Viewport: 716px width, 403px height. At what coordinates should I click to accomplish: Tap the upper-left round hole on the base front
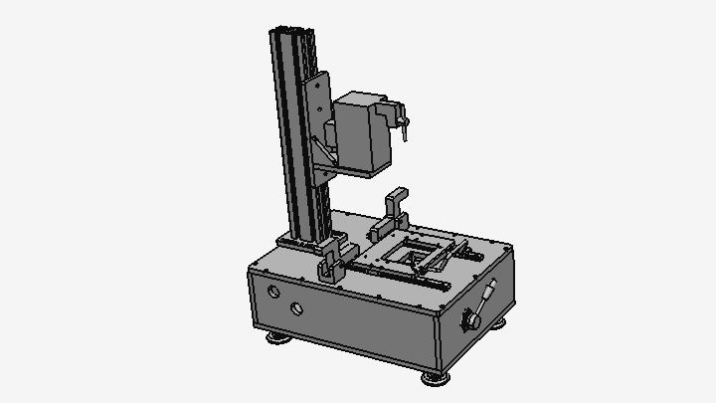tap(273, 293)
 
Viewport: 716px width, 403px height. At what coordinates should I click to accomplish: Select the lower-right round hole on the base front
tap(296, 308)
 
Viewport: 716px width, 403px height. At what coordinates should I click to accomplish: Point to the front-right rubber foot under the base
tap(434, 377)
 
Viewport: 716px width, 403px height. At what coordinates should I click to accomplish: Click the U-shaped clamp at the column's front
tap(330, 262)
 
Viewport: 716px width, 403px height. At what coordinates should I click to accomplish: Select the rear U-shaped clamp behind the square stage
tap(395, 210)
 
